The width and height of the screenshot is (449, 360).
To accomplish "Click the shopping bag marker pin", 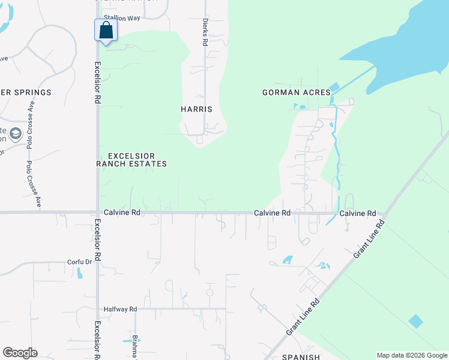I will (x=106, y=31).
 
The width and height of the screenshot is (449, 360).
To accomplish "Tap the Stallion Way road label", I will (x=121, y=18).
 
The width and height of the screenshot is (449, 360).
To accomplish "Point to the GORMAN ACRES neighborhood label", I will (x=297, y=92).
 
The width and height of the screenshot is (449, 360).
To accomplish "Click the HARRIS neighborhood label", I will (x=196, y=109).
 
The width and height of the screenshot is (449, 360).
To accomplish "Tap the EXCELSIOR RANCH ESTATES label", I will (x=132, y=159).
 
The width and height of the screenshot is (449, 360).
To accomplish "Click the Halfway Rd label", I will (x=120, y=309).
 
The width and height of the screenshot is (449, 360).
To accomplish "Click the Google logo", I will (x=20, y=353).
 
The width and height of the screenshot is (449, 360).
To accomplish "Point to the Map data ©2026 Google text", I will (x=411, y=355).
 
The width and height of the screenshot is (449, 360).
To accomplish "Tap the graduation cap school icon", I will (x=15, y=133).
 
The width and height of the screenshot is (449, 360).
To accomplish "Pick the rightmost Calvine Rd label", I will (x=358, y=213).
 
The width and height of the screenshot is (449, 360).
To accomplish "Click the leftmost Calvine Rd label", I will (x=122, y=212).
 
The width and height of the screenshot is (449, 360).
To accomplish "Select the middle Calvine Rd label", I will (x=272, y=213).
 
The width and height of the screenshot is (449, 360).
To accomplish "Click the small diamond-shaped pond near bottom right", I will (x=415, y=321).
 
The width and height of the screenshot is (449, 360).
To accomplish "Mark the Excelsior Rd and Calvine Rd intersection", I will (x=98, y=212).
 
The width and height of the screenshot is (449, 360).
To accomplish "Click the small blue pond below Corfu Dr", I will (x=80, y=273).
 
